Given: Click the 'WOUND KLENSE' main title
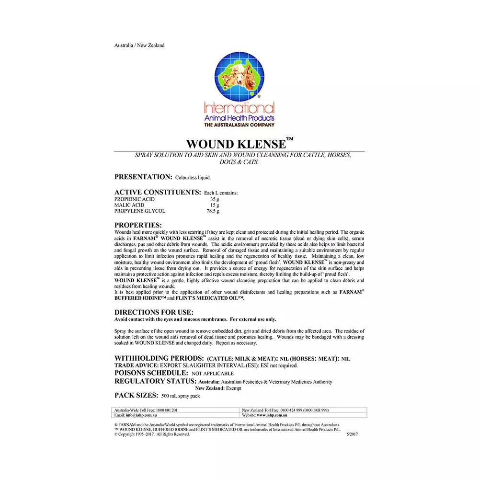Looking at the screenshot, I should coord(237,144).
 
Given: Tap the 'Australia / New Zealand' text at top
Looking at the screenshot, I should coord(139,46).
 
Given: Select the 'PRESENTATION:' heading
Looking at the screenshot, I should coord(143,177).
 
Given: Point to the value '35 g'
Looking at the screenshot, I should coord(214,199).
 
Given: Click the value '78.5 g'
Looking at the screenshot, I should coord(213,211).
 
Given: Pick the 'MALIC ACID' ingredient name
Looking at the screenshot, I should coord(129,205).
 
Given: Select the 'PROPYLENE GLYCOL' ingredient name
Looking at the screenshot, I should coord(140,211).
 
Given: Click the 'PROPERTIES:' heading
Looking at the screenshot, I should coord(138,225).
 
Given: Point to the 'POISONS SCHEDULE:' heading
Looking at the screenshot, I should coord(151,373).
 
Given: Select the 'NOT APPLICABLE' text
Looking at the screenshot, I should coord(213,373).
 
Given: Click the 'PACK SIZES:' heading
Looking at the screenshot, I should coord(136,395).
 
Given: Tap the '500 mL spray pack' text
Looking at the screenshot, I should coord(181,396).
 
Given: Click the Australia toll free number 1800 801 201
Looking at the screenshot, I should coord(168,410).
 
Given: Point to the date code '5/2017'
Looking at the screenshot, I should coord(353,434).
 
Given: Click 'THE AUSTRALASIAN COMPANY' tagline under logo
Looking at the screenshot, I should coord(239,125).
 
